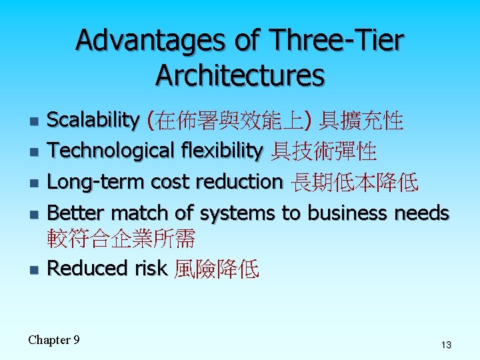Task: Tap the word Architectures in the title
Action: coord(240,76)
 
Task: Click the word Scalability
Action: coord(93,121)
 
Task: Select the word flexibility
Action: coord(221,151)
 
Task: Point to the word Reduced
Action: coord(81,268)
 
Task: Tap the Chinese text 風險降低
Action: coord(216,269)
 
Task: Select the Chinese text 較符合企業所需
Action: coord(121,238)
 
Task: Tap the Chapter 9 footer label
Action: coord(54,340)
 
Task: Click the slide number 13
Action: coord(445,345)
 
